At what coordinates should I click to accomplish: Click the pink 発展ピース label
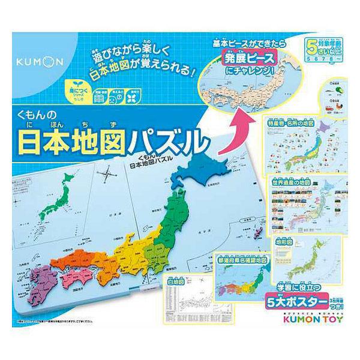click(x=245, y=59)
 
